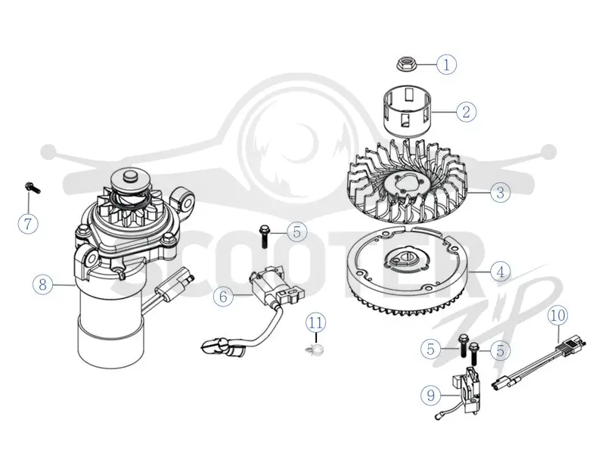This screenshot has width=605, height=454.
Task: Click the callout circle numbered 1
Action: [446, 64]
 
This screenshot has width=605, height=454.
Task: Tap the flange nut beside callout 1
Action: [405, 64]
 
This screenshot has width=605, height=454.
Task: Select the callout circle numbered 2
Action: [467, 112]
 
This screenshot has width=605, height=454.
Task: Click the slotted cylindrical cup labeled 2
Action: [408, 110]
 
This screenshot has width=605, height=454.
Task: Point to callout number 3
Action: [501, 192]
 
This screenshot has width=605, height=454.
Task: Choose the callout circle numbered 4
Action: [501, 272]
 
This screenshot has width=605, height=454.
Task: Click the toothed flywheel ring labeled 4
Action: [409, 272]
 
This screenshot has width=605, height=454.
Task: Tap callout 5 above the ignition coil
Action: [296, 232]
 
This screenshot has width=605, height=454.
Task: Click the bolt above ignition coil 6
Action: [264, 236]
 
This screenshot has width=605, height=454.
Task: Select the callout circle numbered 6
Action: [223, 297]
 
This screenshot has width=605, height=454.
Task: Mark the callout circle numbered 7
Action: [28, 223]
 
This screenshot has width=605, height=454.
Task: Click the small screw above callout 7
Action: [32, 187]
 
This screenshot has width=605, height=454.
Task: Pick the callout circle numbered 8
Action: [42, 285]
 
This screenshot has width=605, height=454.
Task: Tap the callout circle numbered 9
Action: [430, 395]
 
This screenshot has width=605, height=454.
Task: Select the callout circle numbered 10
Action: [558, 316]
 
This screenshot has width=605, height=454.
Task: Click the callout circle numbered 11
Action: [315, 322]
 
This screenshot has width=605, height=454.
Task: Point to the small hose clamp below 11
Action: [314, 350]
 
